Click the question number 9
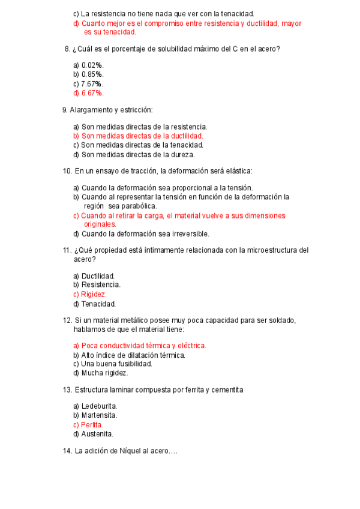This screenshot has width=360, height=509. coord(65,110)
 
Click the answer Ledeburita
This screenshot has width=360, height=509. coord(99,406)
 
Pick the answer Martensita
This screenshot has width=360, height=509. coord(99,415)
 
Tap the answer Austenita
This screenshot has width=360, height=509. coord(97,434)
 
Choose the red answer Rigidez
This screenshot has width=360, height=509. coord(94,294)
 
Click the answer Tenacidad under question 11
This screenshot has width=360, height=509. coord(98,304)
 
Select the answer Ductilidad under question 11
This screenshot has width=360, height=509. coord(98,276)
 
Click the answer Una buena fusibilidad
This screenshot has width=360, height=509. coord(116,364)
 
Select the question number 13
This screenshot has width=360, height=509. coord(67,390)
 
